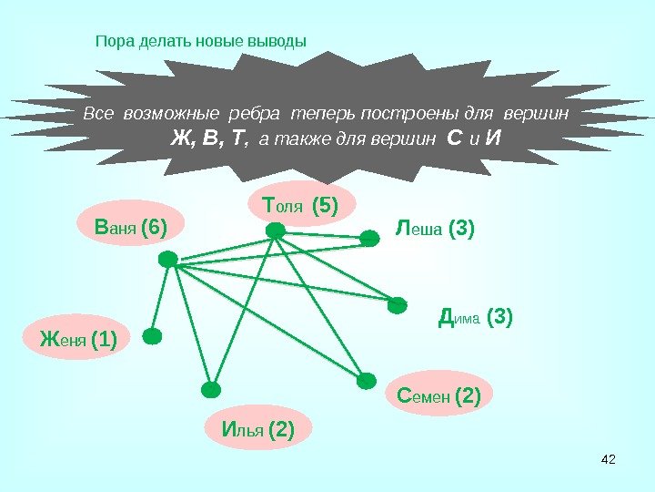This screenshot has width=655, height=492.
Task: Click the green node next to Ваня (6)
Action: pyautogui.click(x=168, y=260)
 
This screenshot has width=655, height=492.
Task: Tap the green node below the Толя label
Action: pyautogui.click(x=276, y=232)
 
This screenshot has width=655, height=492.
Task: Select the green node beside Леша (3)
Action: pyautogui.click(x=369, y=239)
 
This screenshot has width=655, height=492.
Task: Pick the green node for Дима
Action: pyautogui.click(x=398, y=305)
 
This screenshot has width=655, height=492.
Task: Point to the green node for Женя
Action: pyautogui.click(x=153, y=336)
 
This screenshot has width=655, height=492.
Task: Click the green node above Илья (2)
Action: pyautogui.click(x=211, y=390)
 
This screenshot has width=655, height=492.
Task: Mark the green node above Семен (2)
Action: pyautogui.click(x=366, y=381)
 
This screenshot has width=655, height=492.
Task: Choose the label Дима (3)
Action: pyautogui.click(x=476, y=317)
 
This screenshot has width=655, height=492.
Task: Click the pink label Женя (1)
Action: pyautogui.click(x=78, y=340)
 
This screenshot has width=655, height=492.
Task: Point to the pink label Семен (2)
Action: pyautogui.click(x=439, y=395)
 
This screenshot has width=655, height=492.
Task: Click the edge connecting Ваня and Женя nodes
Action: pyautogui.click(x=161, y=298)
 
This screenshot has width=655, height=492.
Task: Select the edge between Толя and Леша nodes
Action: pyautogui.click(x=323, y=236)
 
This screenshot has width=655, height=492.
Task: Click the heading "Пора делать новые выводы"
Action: pyautogui.click(x=201, y=41)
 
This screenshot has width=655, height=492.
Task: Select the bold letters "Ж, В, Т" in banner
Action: pyautogui.click(x=210, y=139)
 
